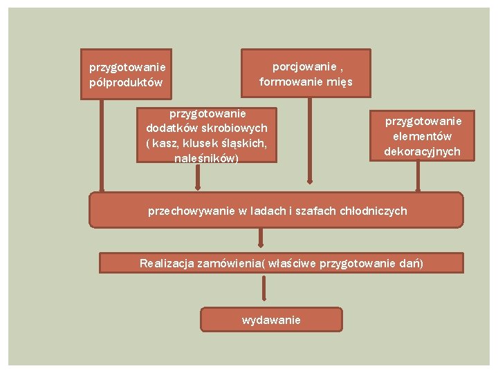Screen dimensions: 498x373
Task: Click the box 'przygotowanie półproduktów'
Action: pos(127,75)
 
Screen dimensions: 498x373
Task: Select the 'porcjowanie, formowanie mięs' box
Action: pos(306,73)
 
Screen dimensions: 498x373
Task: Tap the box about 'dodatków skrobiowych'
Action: pos(207,135)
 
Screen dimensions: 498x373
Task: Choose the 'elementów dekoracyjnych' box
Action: pos(422,135)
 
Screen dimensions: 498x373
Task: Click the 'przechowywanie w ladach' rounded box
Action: pos(276,210)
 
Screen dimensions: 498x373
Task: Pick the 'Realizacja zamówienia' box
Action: pos(281,263)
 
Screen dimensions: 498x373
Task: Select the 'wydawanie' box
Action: pos(271,320)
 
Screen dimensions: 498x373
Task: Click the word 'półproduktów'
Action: pos(126,83)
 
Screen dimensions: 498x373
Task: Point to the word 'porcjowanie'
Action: pos(305,66)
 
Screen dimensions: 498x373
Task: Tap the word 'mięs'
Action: pos(341,82)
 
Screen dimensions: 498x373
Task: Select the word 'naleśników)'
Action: pos(206,159)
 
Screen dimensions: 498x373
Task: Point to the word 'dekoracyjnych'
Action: pos(422,151)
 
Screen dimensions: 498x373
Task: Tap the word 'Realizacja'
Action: pos(166,263)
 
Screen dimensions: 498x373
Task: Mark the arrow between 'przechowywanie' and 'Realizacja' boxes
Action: pos(261,240)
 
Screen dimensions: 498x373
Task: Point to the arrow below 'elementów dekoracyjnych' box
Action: pos(417,176)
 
